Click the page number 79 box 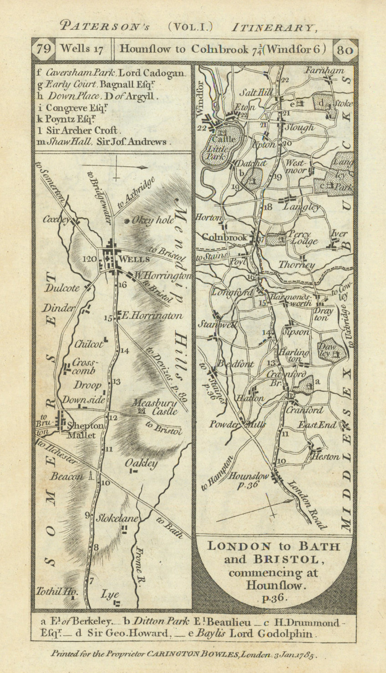(43, 49)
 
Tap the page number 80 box (345, 50)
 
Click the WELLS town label (133, 259)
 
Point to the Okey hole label (152, 220)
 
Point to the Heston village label (325, 457)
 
